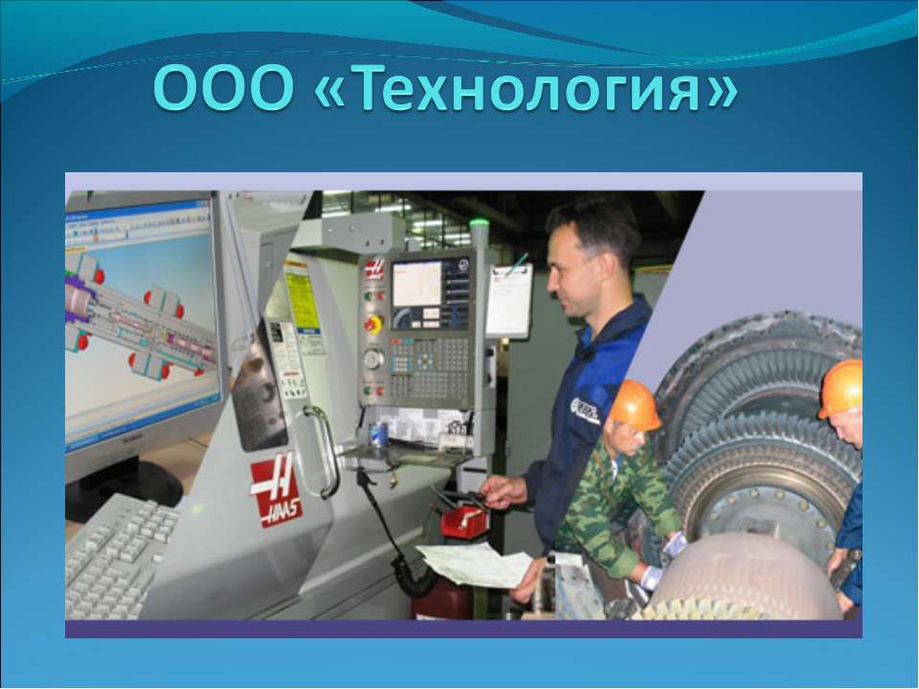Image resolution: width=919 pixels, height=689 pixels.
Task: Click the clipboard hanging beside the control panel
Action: pyautogui.click(x=508, y=300)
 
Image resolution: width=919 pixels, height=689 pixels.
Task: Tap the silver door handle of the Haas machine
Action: pyautogui.click(x=320, y=450)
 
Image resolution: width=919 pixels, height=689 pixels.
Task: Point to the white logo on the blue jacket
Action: pyautogui.click(x=585, y=411)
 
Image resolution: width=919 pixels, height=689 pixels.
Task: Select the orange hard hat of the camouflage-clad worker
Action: pyautogui.click(x=635, y=404)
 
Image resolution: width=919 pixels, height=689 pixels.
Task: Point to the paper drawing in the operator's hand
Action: pyautogui.click(x=474, y=565)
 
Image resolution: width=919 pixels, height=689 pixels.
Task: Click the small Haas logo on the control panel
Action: pyautogui.click(x=374, y=269)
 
